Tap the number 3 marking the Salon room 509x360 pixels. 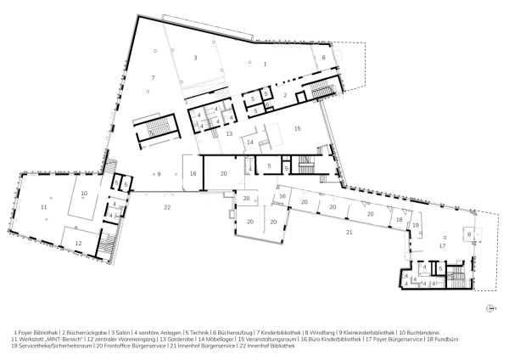(195, 58)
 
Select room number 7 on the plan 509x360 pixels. (153, 78)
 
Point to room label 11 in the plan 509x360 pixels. (42, 207)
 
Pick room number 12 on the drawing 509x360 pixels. (77, 243)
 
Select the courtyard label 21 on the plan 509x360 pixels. (349, 231)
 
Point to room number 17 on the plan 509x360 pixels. (441, 245)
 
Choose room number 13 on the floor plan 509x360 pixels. (228, 134)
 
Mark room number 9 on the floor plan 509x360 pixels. (158, 173)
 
